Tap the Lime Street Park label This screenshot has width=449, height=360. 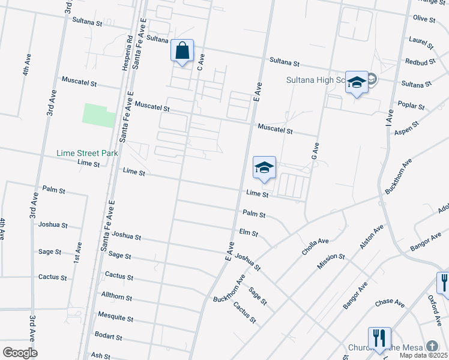pyautogui.click(x=87, y=153)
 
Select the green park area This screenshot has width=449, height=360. pyautogui.click(x=98, y=115)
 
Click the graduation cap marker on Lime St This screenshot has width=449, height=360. pyautogui.click(x=264, y=167)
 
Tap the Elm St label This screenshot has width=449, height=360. pyautogui.click(x=248, y=232)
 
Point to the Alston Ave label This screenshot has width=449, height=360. pyautogui.click(x=371, y=238)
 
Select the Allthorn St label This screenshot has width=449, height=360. pyautogui.click(x=116, y=298)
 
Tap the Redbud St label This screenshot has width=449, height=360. pyautogui.click(x=418, y=62)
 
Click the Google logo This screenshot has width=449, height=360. pyautogui.click(x=20, y=353)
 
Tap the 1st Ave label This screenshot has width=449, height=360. pyautogui.click(x=78, y=251)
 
